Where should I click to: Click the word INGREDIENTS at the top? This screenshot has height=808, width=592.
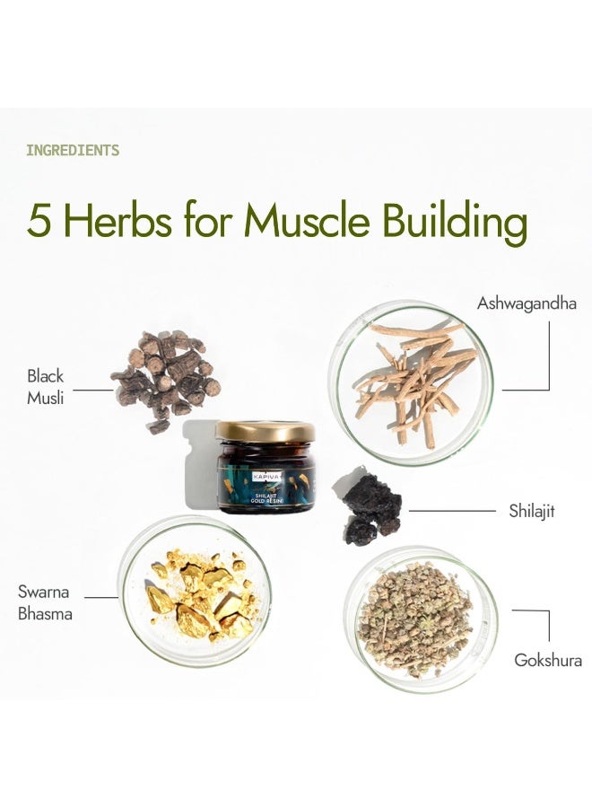pos(73,151)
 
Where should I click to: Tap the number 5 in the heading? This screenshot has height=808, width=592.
pos(39,221)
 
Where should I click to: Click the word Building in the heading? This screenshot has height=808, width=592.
pos(455,224)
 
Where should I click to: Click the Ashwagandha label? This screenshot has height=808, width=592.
pos(527,303)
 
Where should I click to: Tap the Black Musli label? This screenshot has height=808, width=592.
pos(46,386)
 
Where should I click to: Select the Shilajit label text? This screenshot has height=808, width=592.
pos(532,511)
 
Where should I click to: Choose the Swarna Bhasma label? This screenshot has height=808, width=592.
pos(45,602)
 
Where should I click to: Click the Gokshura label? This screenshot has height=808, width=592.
pos(548,660)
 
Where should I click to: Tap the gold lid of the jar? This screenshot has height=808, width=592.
pos(266,431)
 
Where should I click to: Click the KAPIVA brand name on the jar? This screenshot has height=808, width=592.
pos(267,478)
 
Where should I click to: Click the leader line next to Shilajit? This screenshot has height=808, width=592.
pos(452,511)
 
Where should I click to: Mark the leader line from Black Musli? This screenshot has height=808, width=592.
pos(93,391)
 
